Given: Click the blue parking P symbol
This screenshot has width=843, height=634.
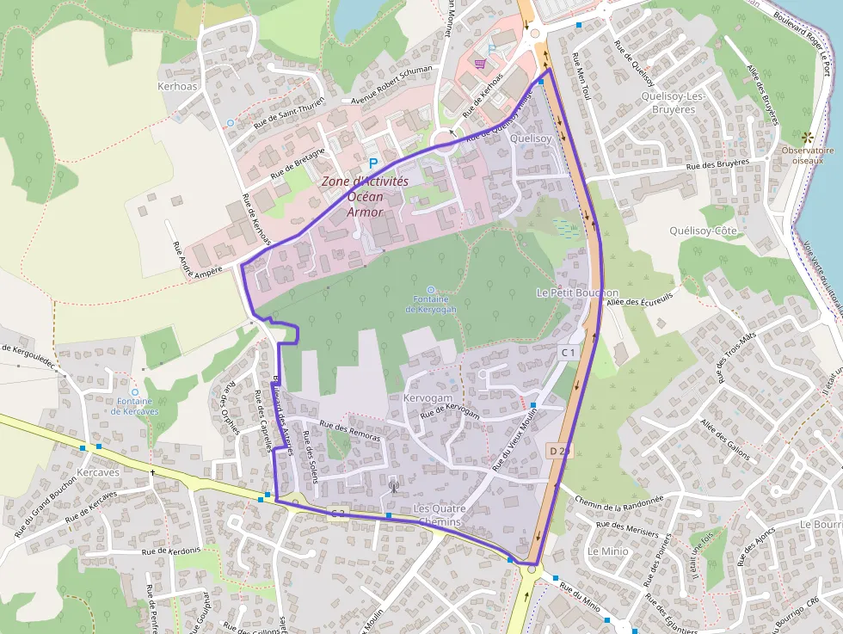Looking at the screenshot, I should point(373,163).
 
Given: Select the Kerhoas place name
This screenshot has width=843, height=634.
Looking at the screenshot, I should point(177,87).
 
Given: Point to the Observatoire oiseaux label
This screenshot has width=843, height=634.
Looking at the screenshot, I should point(808,155).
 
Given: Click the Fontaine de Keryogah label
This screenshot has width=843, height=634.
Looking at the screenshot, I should point(430,304).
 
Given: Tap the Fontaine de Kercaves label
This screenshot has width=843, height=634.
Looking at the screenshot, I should point(134,406).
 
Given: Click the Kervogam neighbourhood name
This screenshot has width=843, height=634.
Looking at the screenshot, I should point(428,399).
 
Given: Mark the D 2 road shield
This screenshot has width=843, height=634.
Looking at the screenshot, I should point(557,451).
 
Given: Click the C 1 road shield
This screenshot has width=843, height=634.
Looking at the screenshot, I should point(569,353).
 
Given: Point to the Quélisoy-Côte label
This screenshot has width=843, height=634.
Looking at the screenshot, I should point(704,231).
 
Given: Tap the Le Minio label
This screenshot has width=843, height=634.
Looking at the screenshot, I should point(608,550).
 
